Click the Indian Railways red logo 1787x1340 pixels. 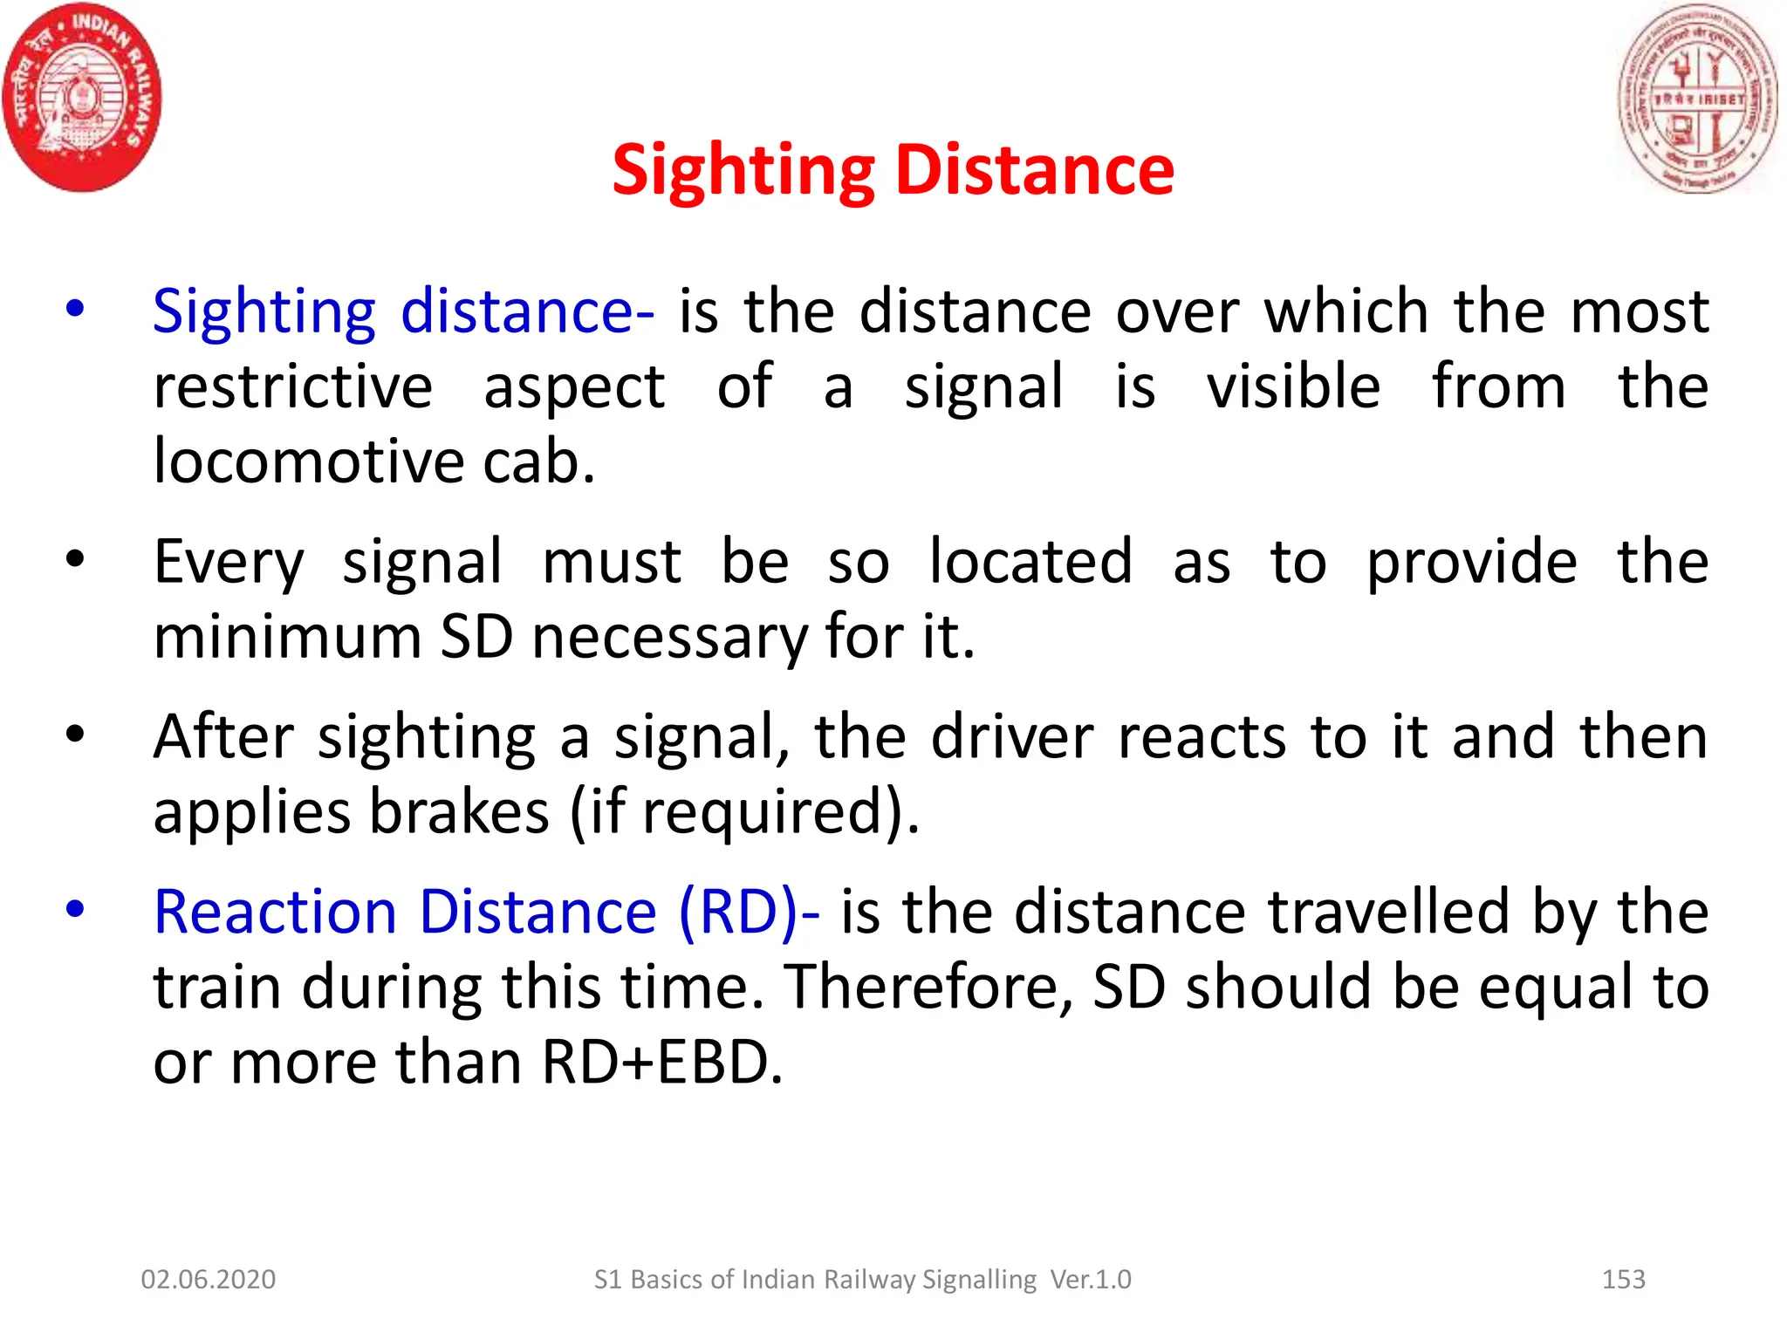pyautogui.click(x=82, y=97)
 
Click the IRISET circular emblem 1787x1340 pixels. pyautogui.click(x=1697, y=97)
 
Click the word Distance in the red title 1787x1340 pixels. pyautogui.click(x=1035, y=169)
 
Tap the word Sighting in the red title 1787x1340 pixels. pyautogui.click(x=743, y=171)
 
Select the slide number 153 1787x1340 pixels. pyautogui.click(x=1623, y=1279)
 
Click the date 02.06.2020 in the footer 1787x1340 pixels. pyautogui.click(x=208, y=1279)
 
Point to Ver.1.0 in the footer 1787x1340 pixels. pyautogui.click(x=1090, y=1279)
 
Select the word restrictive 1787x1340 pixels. pyautogui.click(x=292, y=386)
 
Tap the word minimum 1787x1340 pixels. pyautogui.click(x=287, y=636)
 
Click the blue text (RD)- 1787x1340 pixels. pyautogui.click(x=749, y=912)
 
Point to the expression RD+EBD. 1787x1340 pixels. pyautogui.click(x=661, y=1062)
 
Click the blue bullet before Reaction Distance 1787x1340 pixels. pyautogui.click(x=76, y=909)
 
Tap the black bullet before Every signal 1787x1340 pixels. pyautogui.click(x=76, y=559)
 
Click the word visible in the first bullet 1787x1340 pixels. pyautogui.click(x=1293, y=386)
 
